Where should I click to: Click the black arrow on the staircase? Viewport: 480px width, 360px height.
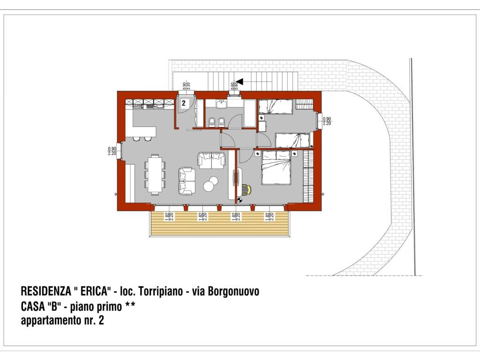240,82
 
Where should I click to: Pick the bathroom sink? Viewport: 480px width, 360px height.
220,104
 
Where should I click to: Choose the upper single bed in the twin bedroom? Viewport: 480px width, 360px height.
276,107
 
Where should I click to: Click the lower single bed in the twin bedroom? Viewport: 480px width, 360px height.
292,140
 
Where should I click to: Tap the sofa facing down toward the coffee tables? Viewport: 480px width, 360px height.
211,160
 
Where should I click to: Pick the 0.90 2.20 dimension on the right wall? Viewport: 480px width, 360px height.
327,121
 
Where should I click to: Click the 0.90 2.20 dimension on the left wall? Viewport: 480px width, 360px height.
112,150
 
